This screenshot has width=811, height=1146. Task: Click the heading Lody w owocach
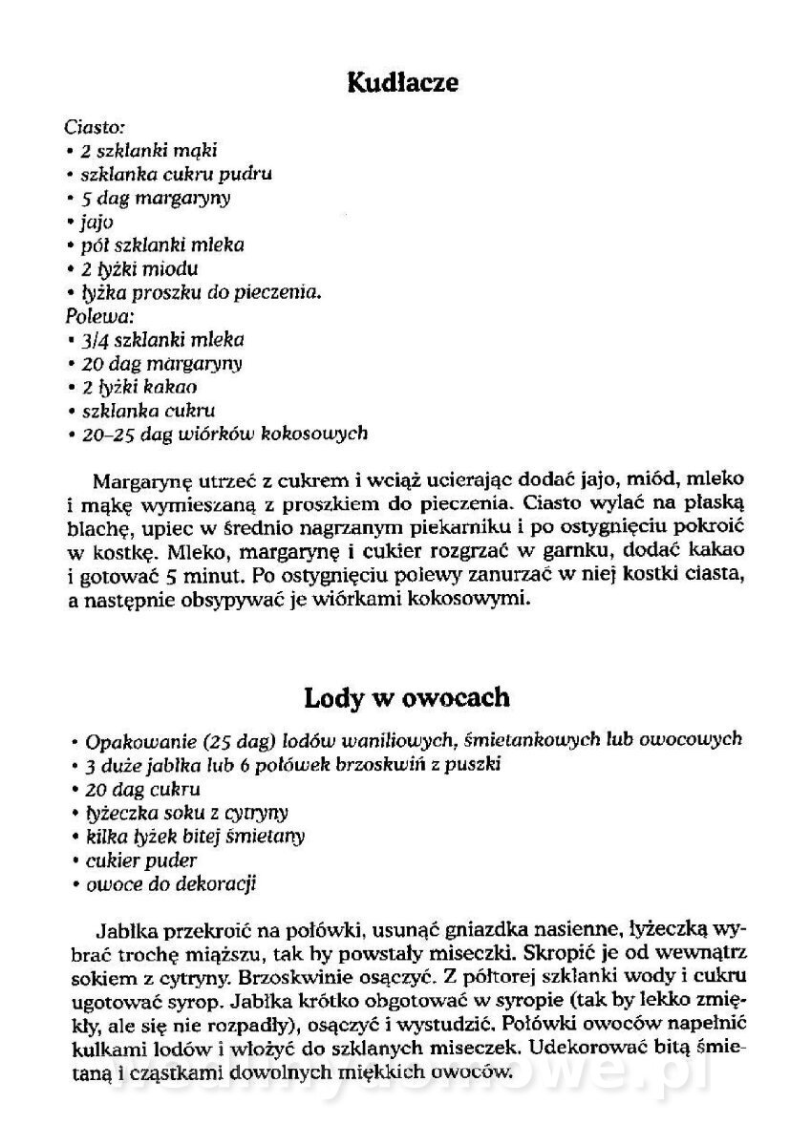pos(407,697)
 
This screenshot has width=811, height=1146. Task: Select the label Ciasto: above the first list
pos(96,126)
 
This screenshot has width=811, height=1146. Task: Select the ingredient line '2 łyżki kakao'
pos(139,386)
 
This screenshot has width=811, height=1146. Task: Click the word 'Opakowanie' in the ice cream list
pos(134,741)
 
